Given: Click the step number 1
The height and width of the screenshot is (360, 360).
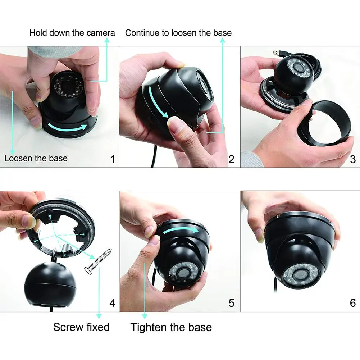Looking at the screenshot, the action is (112, 159).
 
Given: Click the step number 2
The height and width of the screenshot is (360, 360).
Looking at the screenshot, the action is (231, 159).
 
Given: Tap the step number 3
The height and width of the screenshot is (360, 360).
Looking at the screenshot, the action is (353, 159).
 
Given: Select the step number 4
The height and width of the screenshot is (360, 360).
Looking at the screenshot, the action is (112, 303).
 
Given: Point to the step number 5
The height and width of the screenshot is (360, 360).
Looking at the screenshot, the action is (231, 303).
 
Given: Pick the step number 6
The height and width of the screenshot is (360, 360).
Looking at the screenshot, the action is (353, 303).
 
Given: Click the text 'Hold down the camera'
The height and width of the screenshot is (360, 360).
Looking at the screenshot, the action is (72, 33).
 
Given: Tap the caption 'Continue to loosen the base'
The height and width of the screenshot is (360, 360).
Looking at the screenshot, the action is (178, 33).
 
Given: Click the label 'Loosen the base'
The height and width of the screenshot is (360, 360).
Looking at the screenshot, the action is (36, 158).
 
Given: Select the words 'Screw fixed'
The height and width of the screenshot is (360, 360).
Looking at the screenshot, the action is (81, 327).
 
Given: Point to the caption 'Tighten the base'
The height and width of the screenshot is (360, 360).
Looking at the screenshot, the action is (171, 327).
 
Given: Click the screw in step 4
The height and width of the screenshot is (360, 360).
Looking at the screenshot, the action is (98, 261).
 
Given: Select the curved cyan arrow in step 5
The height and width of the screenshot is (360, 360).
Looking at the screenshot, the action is (181, 230).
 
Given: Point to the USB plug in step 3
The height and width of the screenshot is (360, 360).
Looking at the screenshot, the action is (278, 54).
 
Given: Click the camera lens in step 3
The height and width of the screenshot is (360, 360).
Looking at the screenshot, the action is (300, 68).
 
